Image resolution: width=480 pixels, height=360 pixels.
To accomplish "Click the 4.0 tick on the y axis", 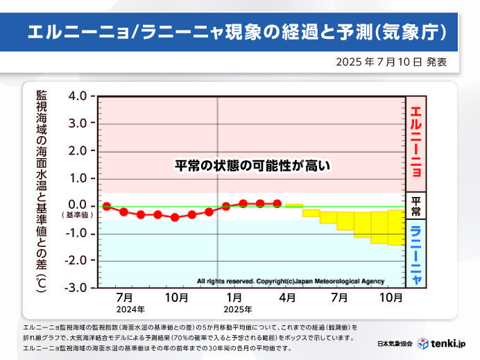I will coord(78,96).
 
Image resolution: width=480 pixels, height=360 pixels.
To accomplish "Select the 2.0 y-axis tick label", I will coord(78,151).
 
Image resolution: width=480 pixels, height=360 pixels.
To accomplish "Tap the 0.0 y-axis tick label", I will coord(78,205).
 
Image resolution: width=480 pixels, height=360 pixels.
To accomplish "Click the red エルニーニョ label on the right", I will coord(415,142).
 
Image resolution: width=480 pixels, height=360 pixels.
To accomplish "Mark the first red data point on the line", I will coord(106,206).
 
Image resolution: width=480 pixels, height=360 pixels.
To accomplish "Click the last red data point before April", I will coord(277,203).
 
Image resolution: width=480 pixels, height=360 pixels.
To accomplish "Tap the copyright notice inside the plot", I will coord(291,281).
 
